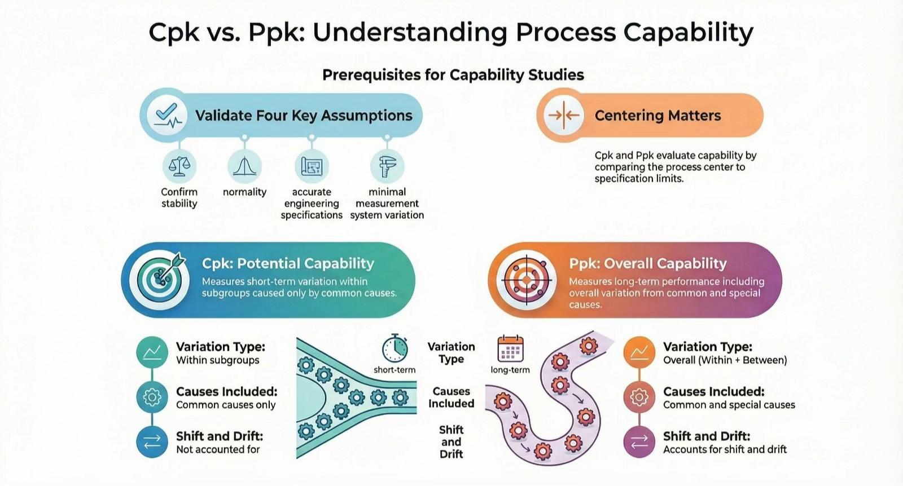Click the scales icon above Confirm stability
point(179,166)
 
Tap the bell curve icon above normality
point(244,166)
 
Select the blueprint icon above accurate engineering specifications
point(312,166)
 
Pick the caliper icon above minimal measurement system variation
point(387,166)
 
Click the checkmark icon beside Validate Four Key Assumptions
point(166,115)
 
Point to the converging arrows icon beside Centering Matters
point(564,115)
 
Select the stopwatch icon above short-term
point(394,348)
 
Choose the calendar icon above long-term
point(510,348)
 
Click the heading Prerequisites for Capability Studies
point(453,75)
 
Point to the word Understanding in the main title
point(410,32)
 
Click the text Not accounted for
point(218,449)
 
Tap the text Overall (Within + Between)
point(725,360)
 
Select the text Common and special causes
point(729,405)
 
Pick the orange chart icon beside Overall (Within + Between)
point(639,352)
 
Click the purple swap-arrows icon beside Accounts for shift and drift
point(639,441)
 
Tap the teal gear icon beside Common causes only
point(152,397)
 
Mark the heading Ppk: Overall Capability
point(648,263)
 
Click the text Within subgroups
point(218,360)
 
